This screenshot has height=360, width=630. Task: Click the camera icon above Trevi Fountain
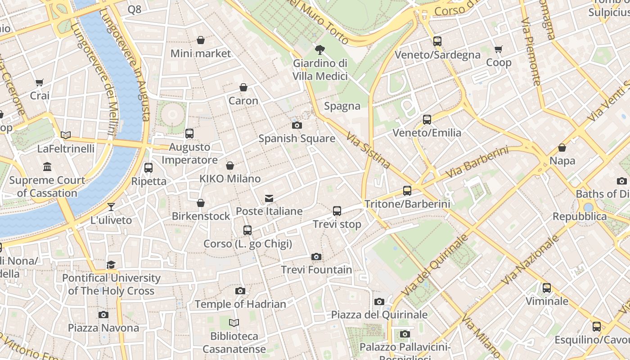(316, 256)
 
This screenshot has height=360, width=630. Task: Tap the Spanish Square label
(297, 138)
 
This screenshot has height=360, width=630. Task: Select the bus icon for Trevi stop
(337, 211)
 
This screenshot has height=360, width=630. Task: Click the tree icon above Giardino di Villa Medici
(320, 49)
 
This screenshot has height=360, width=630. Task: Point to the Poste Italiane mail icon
(269, 198)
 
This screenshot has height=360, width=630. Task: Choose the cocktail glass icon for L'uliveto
(111, 207)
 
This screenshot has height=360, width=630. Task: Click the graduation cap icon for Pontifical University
(111, 265)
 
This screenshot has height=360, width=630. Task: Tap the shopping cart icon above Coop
(498, 49)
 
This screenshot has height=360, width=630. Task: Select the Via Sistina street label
(368, 150)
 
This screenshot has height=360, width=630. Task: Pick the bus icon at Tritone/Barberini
(407, 191)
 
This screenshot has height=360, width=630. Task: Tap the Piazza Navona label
(103, 328)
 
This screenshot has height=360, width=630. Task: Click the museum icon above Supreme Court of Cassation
(47, 167)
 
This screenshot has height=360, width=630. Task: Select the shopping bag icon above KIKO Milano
(230, 166)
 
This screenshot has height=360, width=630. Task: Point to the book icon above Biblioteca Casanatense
(234, 323)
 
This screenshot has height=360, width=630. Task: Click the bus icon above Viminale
(547, 288)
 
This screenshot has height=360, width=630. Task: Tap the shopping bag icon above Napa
(562, 148)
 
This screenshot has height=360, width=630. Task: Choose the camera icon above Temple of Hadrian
(240, 291)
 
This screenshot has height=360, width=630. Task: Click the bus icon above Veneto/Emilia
(427, 120)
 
